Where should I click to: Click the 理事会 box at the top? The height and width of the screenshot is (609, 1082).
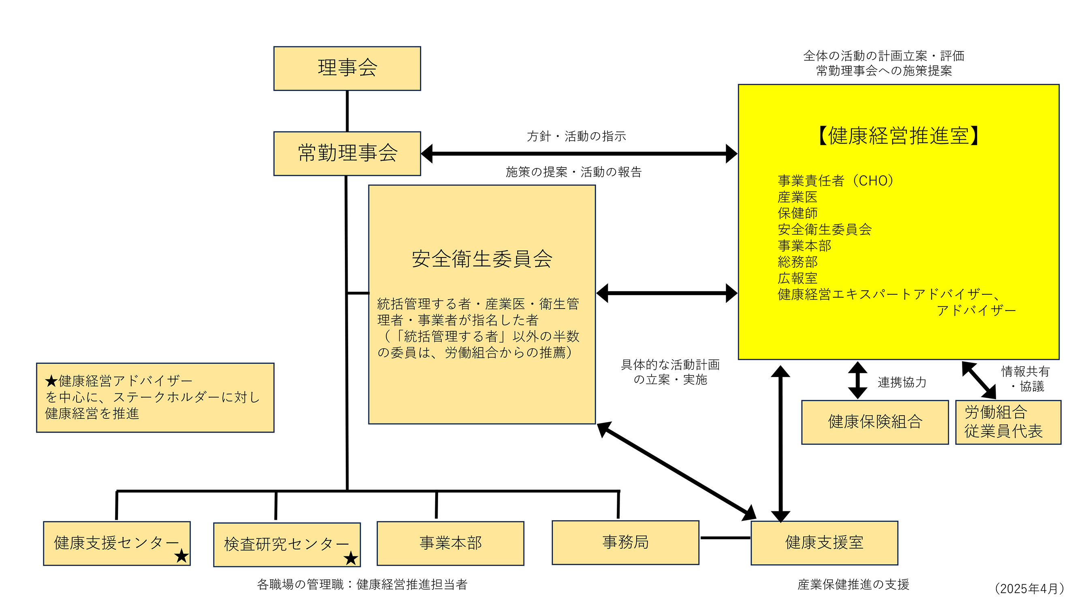(x=347, y=68)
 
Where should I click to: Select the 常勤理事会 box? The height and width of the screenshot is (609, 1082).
(x=347, y=153)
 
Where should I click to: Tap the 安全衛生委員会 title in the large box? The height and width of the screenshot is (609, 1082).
(x=482, y=258)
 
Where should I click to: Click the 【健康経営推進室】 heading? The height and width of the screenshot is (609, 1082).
(x=898, y=136)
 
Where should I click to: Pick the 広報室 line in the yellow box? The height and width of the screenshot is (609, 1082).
(x=797, y=278)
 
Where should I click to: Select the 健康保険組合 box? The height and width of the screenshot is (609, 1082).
(x=875, y=422)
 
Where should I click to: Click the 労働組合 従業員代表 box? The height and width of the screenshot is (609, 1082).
(x=1008, y=422)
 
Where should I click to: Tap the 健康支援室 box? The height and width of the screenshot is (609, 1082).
(x=824, y=543)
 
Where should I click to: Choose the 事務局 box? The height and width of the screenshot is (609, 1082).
(x=625, y=542)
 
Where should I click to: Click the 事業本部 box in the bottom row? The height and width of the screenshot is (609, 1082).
(x=450, y=543)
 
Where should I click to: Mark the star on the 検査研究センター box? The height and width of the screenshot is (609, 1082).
(x=351, y=559)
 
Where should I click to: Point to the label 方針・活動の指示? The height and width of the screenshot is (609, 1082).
(x=576, y=136)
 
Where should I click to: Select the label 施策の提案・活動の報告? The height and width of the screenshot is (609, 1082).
(x=573, y=172)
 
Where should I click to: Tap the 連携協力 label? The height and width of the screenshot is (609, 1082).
(x=902, y=382)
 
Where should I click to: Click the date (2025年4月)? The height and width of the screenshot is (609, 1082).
(x=1029, y=588)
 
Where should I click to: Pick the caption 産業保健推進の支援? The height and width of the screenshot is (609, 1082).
(x=853, y=584)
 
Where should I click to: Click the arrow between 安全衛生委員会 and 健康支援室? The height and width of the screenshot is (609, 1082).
(x=676, y=471)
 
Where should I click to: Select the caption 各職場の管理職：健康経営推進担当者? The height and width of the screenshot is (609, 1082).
(x=362, y=584)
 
